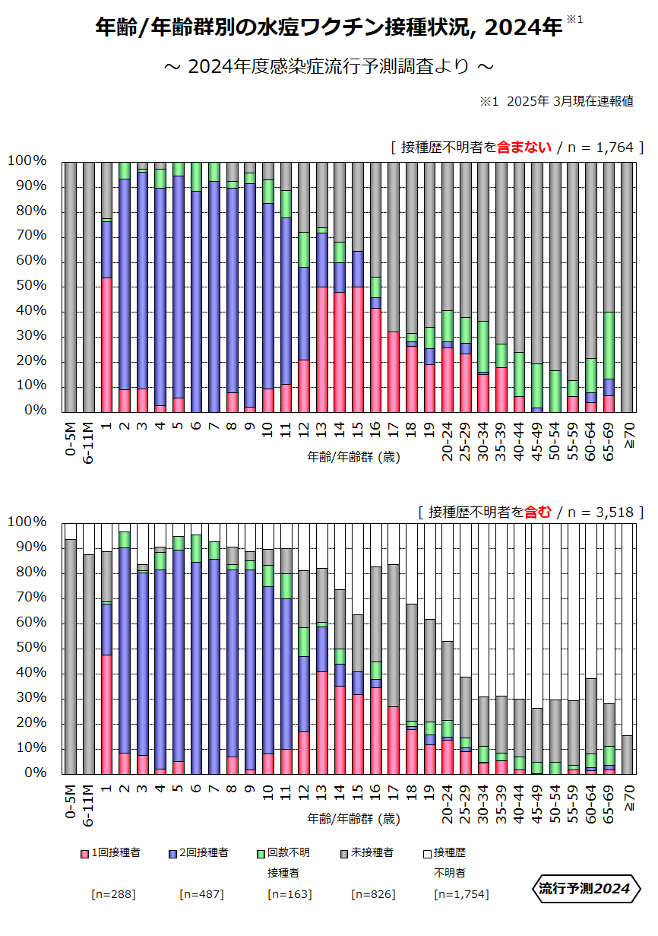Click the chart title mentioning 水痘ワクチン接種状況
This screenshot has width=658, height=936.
(x=329, y=29)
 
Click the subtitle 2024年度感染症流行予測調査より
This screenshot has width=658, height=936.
(x=329, y=67)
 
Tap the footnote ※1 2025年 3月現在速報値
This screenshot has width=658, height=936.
(x=557, y=102)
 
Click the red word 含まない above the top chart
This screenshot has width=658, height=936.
(x=524, y=148)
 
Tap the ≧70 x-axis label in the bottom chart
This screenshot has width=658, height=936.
(x=628, y=799)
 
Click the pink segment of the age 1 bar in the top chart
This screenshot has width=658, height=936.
(x=107, y=344)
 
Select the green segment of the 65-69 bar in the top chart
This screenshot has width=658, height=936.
(x=609, y=345)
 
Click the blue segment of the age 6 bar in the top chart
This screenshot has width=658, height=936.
(x=197, y=300)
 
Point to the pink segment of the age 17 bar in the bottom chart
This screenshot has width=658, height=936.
(x=394, y=740)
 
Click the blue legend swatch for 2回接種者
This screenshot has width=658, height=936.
(x=173, y=854)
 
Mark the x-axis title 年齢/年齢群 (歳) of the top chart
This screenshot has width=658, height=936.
(x=353, y=457)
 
